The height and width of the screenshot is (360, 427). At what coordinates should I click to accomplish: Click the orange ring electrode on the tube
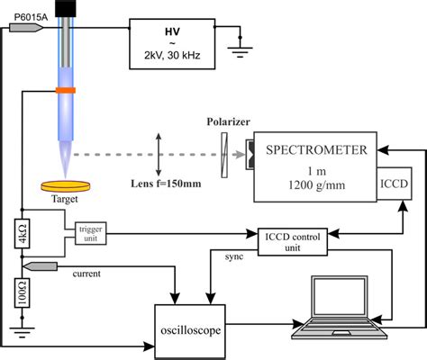(x=68, y=90)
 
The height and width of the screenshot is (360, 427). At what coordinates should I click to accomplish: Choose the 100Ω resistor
(x=19, y=292)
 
